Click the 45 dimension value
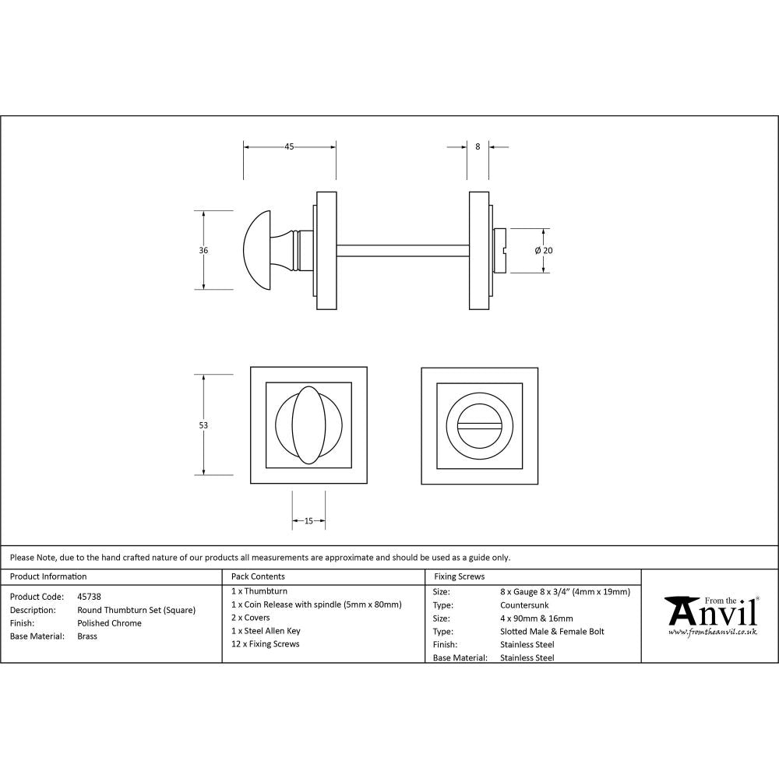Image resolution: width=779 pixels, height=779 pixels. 289,146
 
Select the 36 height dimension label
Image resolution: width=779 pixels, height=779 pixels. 203,250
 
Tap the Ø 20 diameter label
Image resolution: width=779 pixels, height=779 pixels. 544,250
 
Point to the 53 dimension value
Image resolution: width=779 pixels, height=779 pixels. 203,425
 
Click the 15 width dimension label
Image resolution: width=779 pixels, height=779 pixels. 308,521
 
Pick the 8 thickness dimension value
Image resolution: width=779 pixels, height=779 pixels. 477,146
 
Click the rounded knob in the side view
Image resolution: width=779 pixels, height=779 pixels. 262,250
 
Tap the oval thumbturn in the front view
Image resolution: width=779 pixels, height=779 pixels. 308,425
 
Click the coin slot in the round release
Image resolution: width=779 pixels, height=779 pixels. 479,425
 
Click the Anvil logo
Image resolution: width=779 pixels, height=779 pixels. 710,612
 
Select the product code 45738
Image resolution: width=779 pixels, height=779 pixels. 90,597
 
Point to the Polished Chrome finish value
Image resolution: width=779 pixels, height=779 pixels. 110,623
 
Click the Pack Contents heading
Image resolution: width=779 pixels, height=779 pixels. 259,576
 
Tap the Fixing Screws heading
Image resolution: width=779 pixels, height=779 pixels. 459,576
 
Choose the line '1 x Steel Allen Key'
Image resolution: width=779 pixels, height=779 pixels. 266,631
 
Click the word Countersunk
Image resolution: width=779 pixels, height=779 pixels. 524,605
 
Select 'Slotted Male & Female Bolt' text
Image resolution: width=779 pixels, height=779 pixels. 552,631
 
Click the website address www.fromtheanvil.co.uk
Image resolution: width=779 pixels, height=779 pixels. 712,633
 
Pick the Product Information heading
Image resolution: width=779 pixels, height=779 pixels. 48,576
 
